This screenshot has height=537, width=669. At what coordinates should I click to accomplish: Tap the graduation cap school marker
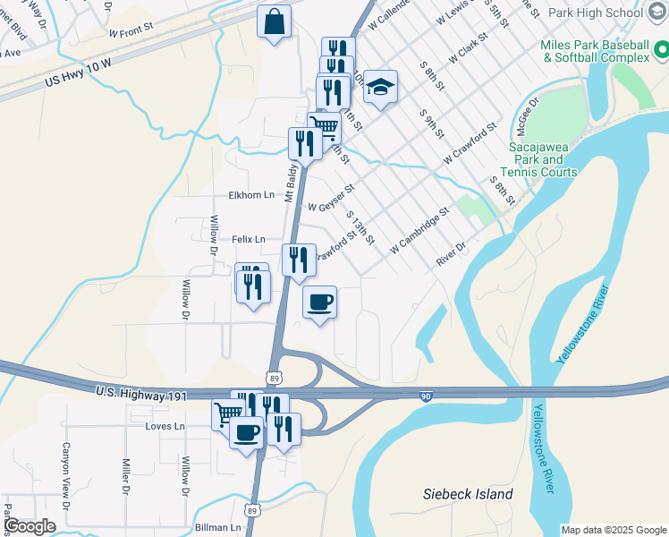tap(380, 88)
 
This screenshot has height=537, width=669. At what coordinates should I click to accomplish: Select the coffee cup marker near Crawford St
tap(319, 302)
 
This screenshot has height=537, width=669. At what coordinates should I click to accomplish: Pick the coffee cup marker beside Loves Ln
tap(247, 433)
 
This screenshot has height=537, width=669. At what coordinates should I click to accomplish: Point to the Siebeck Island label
tap(468, 494)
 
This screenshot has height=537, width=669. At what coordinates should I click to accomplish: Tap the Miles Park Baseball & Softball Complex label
tap(595, 51)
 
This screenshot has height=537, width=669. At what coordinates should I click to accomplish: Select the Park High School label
tap(595, 13)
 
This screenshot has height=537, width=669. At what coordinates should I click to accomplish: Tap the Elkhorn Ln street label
tap(251, 195)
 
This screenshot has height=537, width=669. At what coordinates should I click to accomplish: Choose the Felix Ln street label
tap(249, 239)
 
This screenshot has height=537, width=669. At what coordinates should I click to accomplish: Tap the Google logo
tap(30, 526)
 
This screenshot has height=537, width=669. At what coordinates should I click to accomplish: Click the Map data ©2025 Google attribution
tap(613, 530)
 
